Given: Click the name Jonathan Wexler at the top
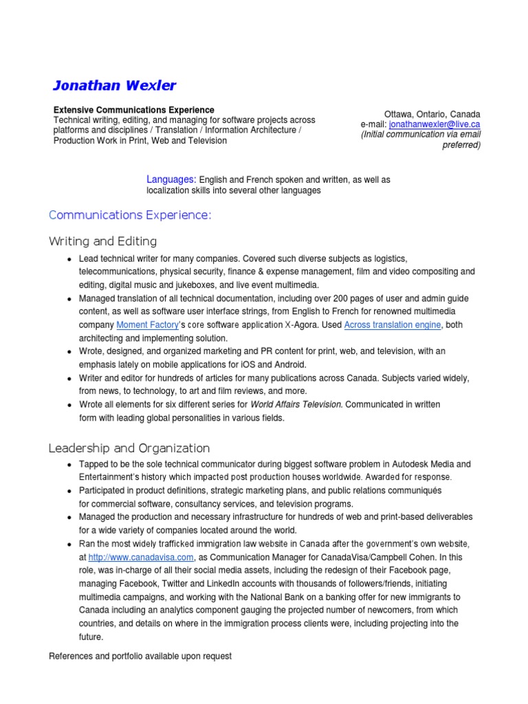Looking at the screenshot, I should (x=114, y=86).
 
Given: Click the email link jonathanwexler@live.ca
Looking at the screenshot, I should (x=434, y=124).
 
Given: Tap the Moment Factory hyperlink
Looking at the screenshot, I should (x=146, y=324).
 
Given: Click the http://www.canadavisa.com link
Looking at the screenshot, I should (x=142, y=558).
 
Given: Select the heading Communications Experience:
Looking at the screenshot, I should (x=130, y=215).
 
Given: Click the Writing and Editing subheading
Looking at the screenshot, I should (x=102, y=241).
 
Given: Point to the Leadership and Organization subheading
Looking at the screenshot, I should (x=129, y=448).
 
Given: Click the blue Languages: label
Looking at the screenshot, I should (x=171, y=179).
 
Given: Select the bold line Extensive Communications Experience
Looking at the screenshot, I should (x=134, y=110).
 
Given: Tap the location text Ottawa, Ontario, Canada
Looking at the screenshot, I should (x=432, y=114).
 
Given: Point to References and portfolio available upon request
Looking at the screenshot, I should (x=140, y=657).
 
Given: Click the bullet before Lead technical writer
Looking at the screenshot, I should (x=70, y=259).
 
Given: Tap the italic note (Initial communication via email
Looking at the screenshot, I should (x=421, y=135).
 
